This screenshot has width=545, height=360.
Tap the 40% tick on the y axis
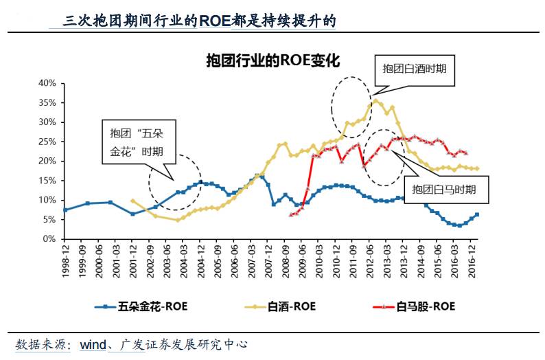[46, 83]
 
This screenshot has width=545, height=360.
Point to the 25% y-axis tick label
[46, 142]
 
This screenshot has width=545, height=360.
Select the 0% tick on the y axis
[49, 240]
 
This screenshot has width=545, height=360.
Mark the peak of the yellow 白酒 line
[375, 100]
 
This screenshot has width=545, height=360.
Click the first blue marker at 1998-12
[65, 210]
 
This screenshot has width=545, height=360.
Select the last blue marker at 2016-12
[476, 215]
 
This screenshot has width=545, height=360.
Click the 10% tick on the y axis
[46, 201]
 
